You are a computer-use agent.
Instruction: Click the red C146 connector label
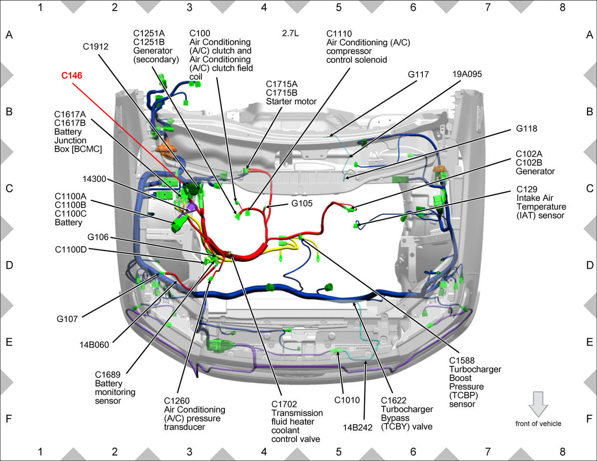pos(72,76)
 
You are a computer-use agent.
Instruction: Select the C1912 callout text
pos(96,47)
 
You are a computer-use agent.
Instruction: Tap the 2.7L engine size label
pos(290,33)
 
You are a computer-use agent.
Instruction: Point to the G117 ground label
pos(418,75)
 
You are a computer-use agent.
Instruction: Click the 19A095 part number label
pos(467,74)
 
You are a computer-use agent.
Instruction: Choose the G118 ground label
pos(526,128)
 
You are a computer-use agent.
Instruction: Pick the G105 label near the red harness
pos(301,203)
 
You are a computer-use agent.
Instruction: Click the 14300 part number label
pos(94,179)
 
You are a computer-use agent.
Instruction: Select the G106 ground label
pos(98,237)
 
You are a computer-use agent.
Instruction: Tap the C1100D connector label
pos(71,250)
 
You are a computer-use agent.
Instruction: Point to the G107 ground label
pos(67,319)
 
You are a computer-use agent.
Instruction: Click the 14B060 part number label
pos(94,345)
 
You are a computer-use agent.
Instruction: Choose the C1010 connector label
pos(347,400)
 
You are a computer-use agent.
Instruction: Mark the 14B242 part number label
pos(357,428)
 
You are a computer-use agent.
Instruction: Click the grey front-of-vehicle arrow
pos(538,404)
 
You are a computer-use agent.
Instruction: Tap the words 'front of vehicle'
pos(538,424)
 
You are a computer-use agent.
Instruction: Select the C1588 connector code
pos(462,361)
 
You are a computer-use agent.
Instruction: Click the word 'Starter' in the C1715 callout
pos(278,101)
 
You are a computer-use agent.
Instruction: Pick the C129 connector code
pos(527,189)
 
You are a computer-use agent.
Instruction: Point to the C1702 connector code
pos(284,404)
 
